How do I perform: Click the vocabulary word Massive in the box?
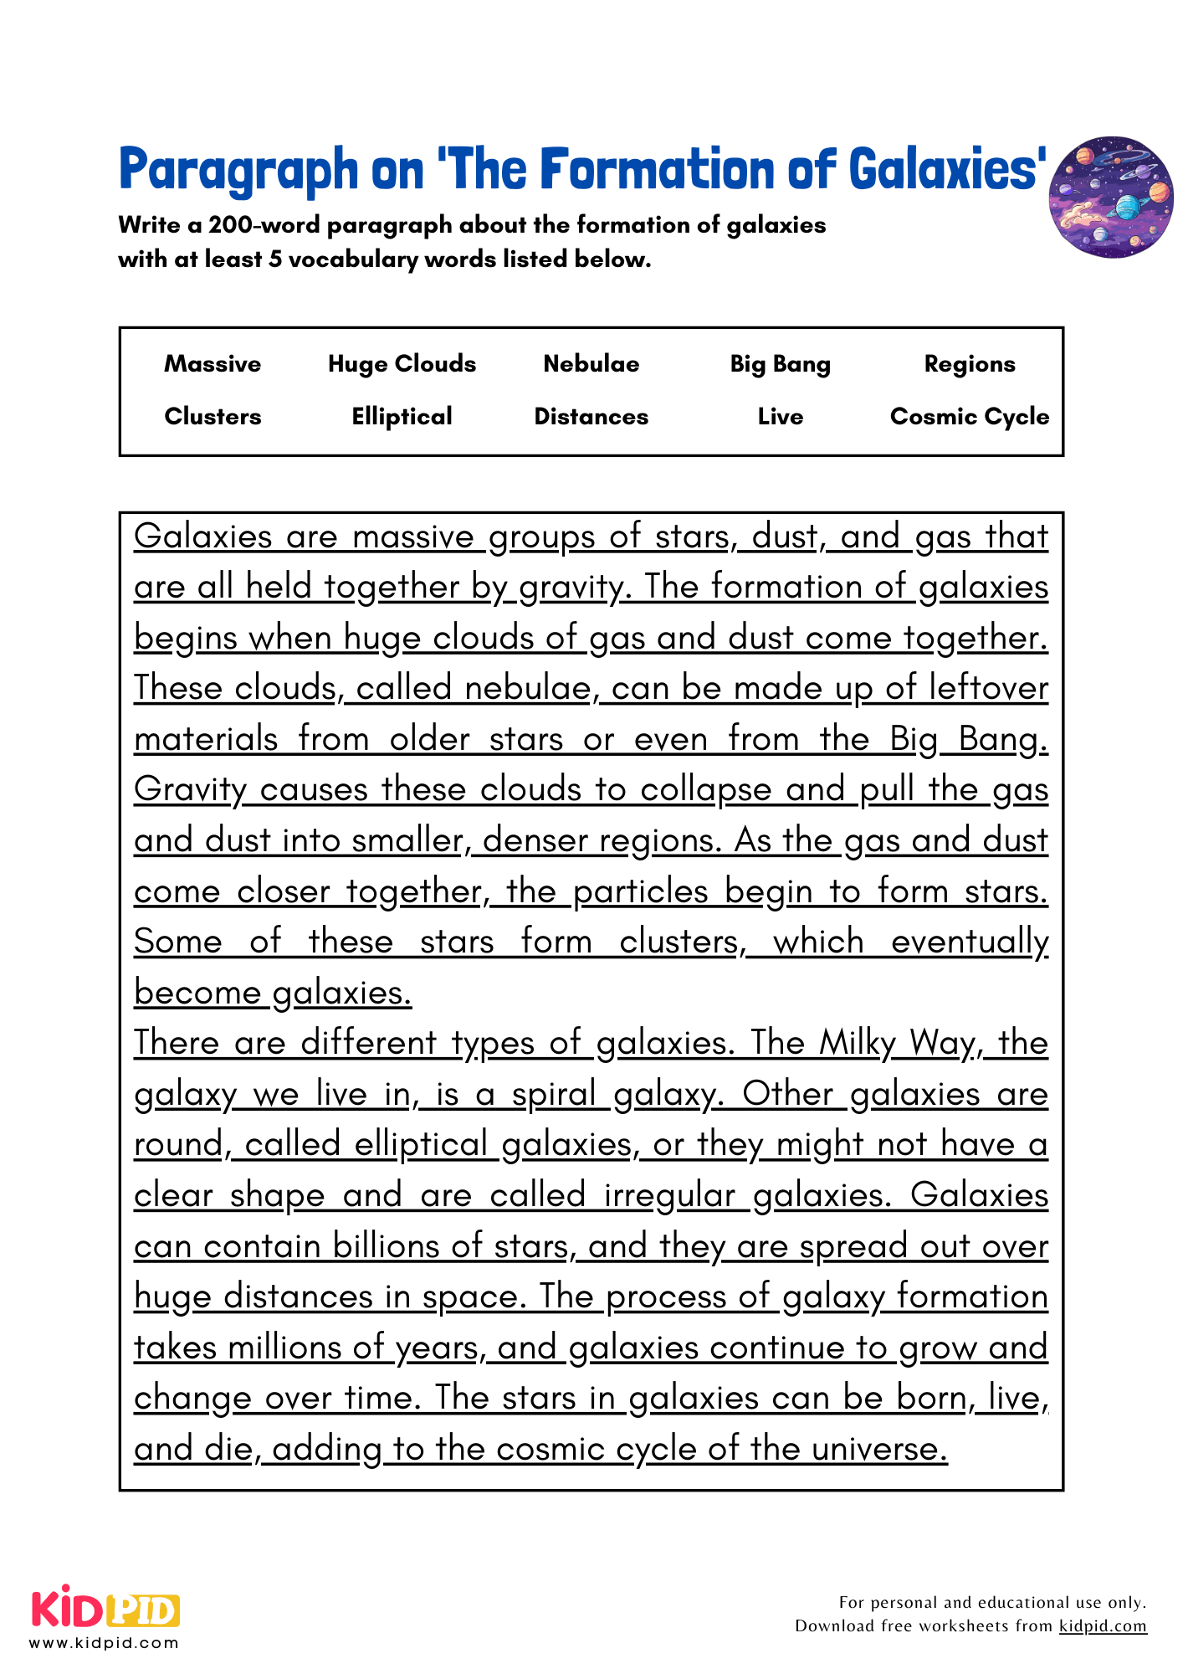(x=213, y=364)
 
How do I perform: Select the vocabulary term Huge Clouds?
(x=402, y=364)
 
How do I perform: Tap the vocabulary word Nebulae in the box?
(x=591, y=364)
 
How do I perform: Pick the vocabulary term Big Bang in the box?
(x=780, y=365)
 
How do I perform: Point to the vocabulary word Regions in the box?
(x=970, y=364)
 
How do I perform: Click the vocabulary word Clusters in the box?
(x=213, y=417)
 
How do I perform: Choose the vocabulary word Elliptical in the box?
(x=402, y=417)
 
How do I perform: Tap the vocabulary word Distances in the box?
(x=591, y=417)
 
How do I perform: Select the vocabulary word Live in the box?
(x=780, y=417)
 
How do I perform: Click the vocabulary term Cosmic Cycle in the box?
(x=970, y=417)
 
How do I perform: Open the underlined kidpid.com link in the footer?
(x=1103, y=1626)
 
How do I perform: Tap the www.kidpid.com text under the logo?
(x=105, y=1643)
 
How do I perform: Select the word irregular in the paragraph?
(x=669, y=1195)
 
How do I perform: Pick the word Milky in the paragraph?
(x=858, y=1044)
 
